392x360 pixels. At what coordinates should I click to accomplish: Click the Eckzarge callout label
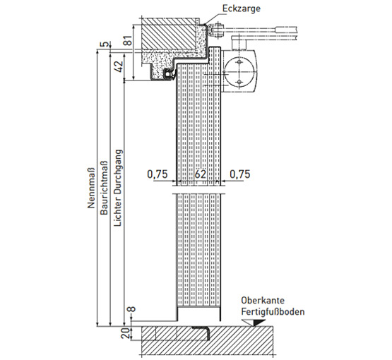(x=242, y=8)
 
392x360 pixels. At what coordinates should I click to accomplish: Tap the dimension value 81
(x=128, y=40)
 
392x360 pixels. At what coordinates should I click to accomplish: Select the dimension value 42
(x=119, y=66)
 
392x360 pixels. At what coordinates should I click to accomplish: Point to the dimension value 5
(x=105, y=44)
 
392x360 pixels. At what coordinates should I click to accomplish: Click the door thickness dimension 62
(x=201, y=174)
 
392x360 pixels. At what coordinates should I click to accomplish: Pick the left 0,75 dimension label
(x=158, y=174)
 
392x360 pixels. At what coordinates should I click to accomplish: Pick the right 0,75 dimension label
(x=239, y=174)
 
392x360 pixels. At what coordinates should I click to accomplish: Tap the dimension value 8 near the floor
(x=131, y=309)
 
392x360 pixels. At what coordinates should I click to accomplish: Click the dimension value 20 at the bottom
(x=126, y=333)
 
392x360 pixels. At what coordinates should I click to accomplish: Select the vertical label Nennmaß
(x=91, y=188)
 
